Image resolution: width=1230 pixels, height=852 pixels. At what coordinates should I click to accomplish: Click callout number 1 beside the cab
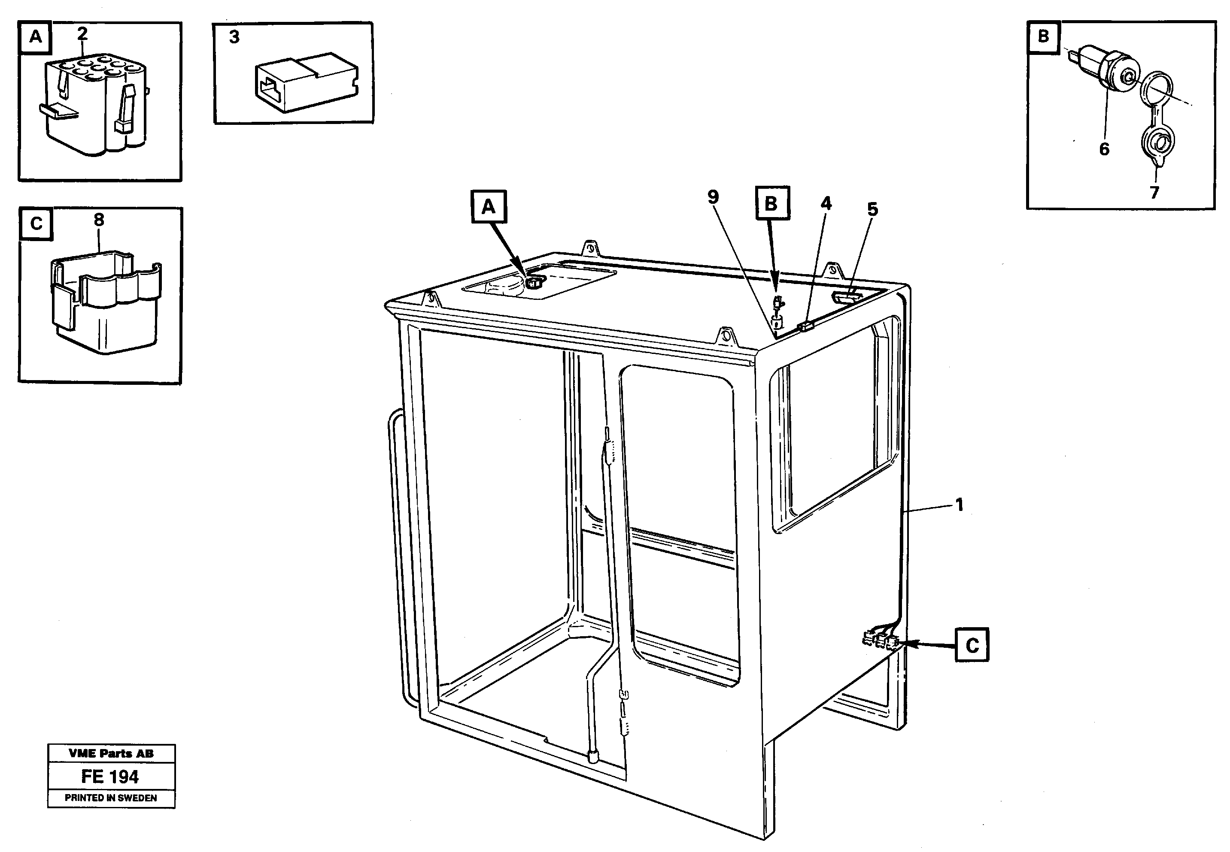959,505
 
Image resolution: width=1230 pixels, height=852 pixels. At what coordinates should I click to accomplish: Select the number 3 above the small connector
234,37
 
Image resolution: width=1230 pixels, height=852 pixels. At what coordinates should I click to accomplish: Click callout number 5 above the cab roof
872,209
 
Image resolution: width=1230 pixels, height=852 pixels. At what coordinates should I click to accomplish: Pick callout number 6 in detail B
1104,149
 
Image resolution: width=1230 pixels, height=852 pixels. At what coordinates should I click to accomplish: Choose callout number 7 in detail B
1154,192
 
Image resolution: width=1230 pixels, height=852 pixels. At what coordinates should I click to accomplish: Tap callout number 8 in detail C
99,219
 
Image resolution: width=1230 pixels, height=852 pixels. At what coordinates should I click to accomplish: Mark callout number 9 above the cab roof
713,197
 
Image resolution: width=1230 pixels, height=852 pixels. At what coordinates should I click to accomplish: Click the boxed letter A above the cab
489,207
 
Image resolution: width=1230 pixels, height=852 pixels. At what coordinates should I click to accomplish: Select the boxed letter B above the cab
772,203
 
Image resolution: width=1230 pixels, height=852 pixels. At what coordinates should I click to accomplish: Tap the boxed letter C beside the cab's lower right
972,645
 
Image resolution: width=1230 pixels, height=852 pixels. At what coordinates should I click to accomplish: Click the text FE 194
110,777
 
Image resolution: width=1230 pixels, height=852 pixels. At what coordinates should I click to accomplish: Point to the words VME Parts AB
111,754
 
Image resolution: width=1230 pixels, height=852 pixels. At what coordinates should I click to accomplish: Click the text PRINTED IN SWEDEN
111,798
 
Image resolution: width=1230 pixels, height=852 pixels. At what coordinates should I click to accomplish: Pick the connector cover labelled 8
106,302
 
